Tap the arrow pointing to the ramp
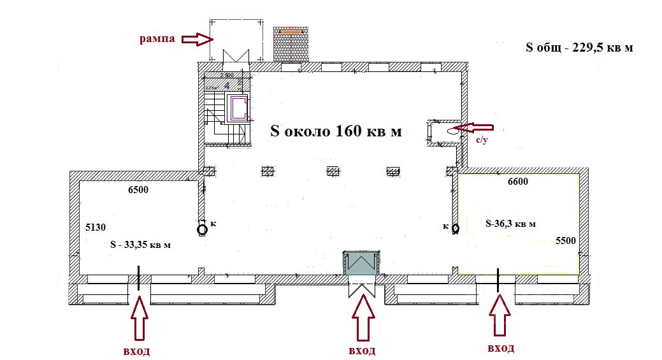point(197,40)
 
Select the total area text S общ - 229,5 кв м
point(579,47)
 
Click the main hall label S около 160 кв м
point(336,131)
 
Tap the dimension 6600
point(517,182)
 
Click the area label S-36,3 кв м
point(510,224)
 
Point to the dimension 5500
point(566,240)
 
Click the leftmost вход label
point(136,351)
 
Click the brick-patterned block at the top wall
point(291,44)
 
